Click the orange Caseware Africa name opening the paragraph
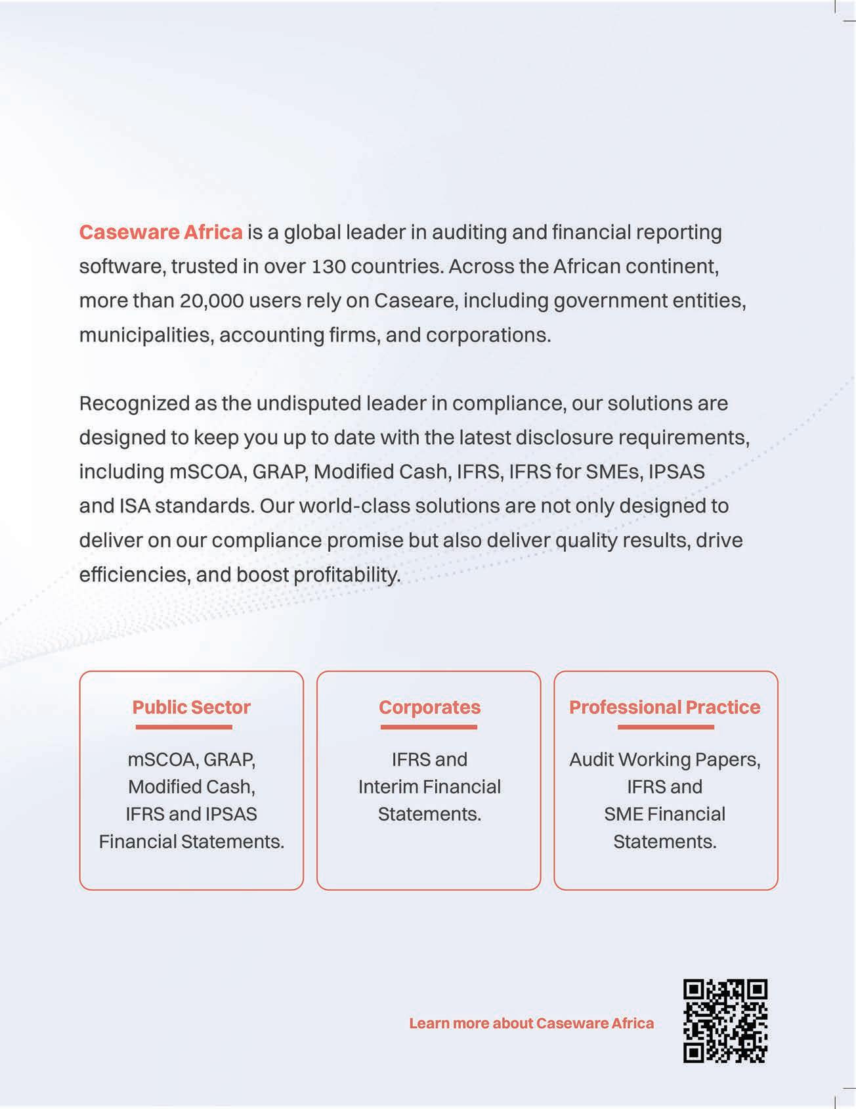coord(161,233)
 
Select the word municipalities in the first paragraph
coord(146,335)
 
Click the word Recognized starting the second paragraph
coord(134,403)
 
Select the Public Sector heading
coord(191,708)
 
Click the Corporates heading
coord(429,708)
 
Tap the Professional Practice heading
coord(664,708)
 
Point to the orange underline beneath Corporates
coord(429,727)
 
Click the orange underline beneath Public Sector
coord(184,727)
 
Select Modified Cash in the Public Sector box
coord(191,787)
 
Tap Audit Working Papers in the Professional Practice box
coord(664,760)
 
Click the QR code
coord(725,1021)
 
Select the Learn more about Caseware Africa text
coord(531,1024)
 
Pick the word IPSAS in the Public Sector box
coord(231,815)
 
